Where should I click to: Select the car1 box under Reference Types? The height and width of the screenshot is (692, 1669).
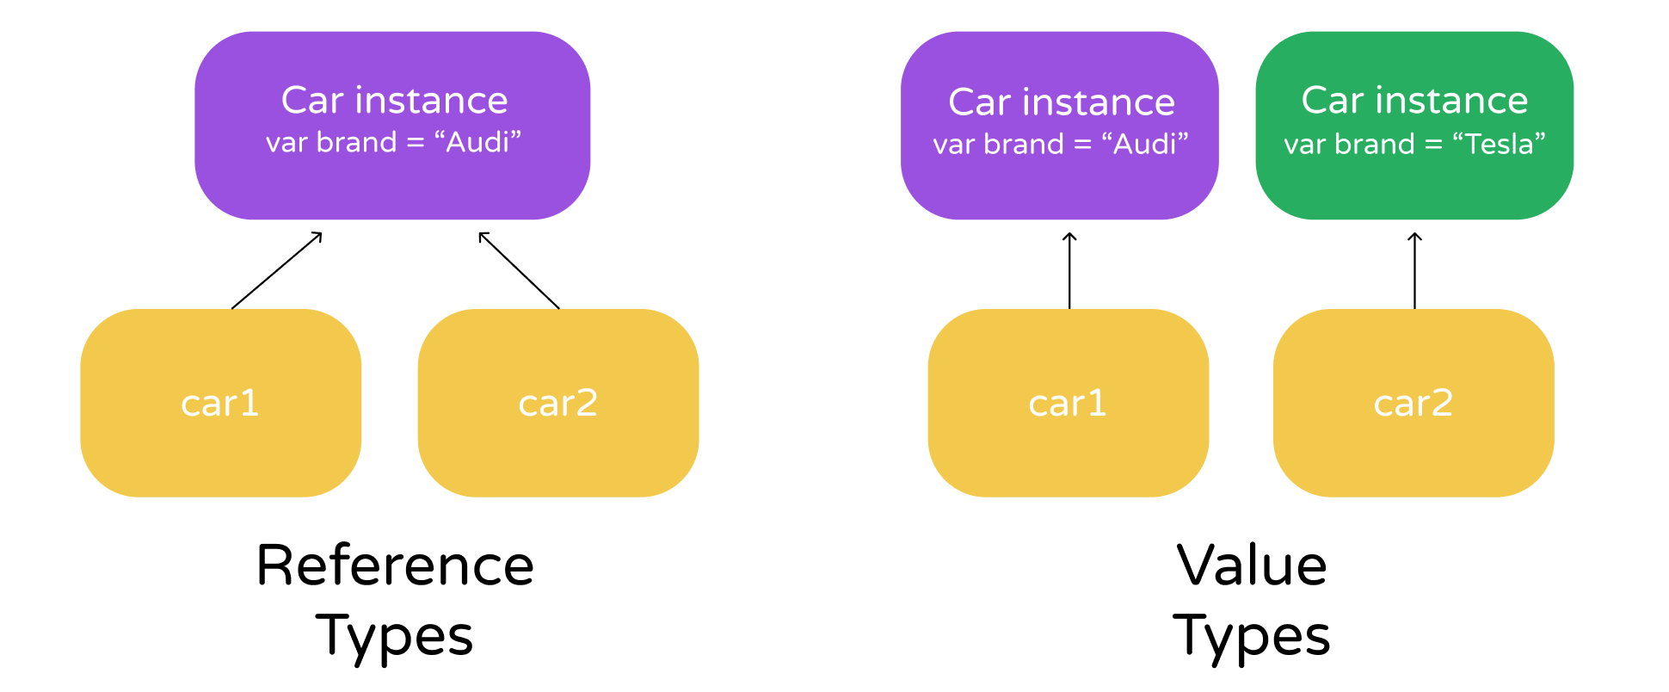pyautogui.click(x=220, y=403)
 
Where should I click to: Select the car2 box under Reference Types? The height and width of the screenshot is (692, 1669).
pyautogui.click(x=557, y=403)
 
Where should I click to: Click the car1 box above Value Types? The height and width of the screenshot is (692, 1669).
pyautogui.click(x=1068, y=403)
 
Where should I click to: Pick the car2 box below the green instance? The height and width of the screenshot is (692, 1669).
pyautogui.click(x=1413, y=403)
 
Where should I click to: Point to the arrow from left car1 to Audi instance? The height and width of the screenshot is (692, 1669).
pyautogui.click(x=276, y=270)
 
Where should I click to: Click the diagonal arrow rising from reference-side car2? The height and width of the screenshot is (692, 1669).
pyautogui.click(x=519, y=270)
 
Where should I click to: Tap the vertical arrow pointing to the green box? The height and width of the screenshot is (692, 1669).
pyautogui.click(x=1414, y=270)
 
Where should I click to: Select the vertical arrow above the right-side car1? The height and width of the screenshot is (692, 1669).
pyautogui.click(x=1069, y=270)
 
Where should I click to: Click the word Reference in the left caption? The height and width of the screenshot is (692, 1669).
pyautogui.click(x=395, y=565)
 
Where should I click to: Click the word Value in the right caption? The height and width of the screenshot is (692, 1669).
pyautogui.click(x=1251, y=565)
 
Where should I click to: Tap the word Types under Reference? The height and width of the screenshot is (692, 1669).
pyautogui.click(x=395, y=637)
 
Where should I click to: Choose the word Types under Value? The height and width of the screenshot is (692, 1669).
pyautogui.click(x=1251, y=637)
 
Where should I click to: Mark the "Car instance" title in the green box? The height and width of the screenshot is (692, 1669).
pyautogui.click(x=1414, y=101)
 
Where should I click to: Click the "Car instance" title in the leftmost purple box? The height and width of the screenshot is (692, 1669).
pyautogui.click(x=394, y=101)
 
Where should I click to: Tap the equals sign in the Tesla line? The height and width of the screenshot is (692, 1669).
pyautogui.click(x=1433, y=145)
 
